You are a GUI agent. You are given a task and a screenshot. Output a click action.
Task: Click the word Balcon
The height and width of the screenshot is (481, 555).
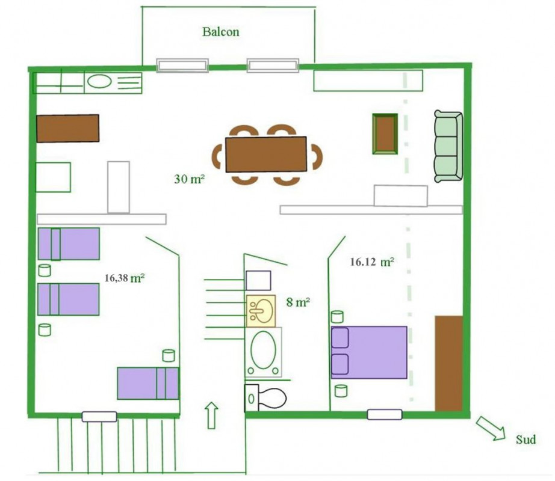click(221, 32)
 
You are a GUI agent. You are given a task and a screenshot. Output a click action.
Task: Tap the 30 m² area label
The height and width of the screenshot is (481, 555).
click(190, 179)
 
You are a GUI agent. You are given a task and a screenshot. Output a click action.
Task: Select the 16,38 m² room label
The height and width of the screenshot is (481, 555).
click(125, 278)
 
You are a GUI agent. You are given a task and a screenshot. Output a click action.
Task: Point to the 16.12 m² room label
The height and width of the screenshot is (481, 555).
click(372, 262)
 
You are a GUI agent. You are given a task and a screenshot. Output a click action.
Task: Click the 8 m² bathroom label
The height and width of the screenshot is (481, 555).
click(298, 302)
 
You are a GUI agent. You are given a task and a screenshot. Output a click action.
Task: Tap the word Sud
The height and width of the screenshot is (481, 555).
click(526, 440)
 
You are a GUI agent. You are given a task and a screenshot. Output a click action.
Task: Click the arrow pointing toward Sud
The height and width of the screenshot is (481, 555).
click(491, 428)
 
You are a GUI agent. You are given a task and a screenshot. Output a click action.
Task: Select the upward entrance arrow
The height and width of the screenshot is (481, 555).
click(211, 415)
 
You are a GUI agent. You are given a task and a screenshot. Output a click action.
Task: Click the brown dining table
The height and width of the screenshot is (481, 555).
click(266, 154)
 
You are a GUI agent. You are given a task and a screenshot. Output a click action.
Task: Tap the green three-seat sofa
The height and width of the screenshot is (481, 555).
click(448, 146)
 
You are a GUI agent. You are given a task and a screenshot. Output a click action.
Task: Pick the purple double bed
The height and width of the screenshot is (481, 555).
click(369, 352)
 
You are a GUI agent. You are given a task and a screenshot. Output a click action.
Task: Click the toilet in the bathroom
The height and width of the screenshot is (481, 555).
click(265, 398)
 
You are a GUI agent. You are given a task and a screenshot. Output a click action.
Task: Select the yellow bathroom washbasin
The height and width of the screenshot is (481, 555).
click(261, 311)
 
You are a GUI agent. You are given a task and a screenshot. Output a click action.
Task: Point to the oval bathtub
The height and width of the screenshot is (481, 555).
click(263, 352)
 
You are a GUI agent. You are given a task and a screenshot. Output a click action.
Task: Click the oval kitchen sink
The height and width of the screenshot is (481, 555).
click(99, 82)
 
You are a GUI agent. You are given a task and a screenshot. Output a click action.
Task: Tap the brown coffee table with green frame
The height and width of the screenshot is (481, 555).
click(385, 134)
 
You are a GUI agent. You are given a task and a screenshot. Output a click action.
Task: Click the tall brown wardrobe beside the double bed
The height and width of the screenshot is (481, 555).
click(449, 363)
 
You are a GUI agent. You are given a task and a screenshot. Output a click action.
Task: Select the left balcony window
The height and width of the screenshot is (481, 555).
click(182, 66)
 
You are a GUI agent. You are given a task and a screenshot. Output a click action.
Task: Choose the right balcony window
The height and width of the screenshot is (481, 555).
click(273, 66)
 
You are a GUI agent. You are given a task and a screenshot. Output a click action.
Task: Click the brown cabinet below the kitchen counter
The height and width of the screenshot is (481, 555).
click(67, 128)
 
